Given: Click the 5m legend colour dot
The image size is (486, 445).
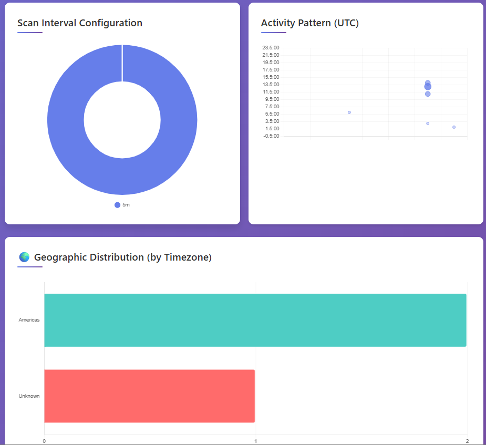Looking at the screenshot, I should pyautogui.click(x=117, y=205).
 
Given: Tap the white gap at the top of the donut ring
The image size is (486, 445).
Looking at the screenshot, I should pyautogui.click(x=122, y=63).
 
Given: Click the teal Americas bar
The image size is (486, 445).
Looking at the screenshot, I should pyautogui.click(x=255, y=320).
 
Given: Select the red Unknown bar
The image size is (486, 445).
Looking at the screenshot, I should pyautogui.click(x=149, y=396).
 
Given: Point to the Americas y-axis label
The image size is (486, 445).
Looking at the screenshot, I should pyautogui.click(x=29, y=320).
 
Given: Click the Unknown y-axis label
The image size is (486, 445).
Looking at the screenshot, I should pyautogui.click(x=29, y=396).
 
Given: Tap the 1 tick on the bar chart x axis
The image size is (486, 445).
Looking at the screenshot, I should pyautogui.click(x=255, y=441).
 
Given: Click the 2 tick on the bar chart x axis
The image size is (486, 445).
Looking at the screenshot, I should pyautogui.click(x=467, y=441).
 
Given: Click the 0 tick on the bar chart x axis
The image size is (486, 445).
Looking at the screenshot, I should pyautogui.click(x=44, y=441).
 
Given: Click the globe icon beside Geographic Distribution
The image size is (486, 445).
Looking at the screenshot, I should pyautogui.click(x=24, y=257).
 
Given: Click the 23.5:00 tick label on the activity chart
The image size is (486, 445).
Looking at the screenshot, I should pyautogui.click(x=271, y=48).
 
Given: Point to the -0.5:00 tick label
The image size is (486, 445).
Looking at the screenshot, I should pyautogui.click(x=271, y=136).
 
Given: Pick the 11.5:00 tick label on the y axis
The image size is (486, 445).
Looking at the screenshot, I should pyautogui.click(x=271, y=92).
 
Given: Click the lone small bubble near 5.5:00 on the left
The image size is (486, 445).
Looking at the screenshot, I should pyautogui.click(x=349, y=112).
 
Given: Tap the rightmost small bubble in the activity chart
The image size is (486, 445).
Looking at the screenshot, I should pyautogui.click(x=454, y=127).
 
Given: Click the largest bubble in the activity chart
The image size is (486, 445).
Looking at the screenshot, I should pyautogui.click(x=428, y=87).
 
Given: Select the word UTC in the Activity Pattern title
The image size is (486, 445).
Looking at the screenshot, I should pyautogui.click(x=346, y=23).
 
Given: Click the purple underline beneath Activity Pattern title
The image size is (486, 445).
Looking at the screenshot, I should pyautogui.click(x=273, y=33).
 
